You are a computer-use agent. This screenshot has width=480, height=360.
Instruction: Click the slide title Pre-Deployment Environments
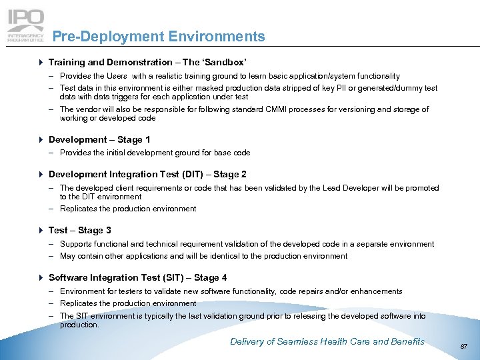tap(158, 37)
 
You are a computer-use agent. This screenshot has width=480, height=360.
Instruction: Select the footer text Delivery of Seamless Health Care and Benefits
tap(327, 341)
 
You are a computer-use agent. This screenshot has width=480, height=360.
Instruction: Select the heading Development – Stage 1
tap(99, 139)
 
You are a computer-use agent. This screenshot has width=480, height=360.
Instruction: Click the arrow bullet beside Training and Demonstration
tap(42, 62)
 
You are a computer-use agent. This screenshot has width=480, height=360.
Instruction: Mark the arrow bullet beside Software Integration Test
tap(42, 278)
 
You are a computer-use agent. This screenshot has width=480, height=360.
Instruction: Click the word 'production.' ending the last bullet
tap(79, 325)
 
